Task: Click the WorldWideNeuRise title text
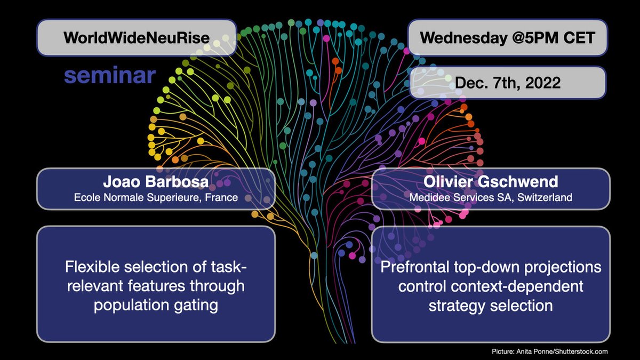click(135, 38)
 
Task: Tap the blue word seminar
click(110, 75)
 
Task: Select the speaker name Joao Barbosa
click(156, 182)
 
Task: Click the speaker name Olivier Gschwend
click(490, 182)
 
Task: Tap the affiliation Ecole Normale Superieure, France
click(156, 197)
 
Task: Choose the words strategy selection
click(490, 306)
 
